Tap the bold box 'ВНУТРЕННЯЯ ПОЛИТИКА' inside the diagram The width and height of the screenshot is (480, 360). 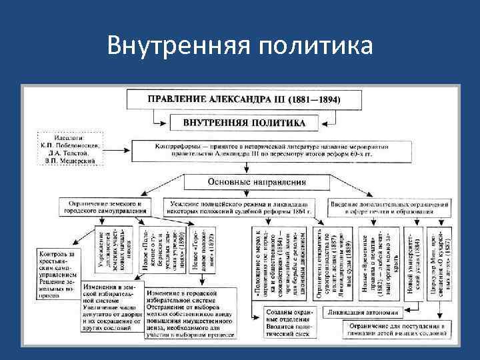point(243,123)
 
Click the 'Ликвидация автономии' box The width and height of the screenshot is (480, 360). point(363,312)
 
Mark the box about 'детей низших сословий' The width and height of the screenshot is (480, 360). point(385,330)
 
